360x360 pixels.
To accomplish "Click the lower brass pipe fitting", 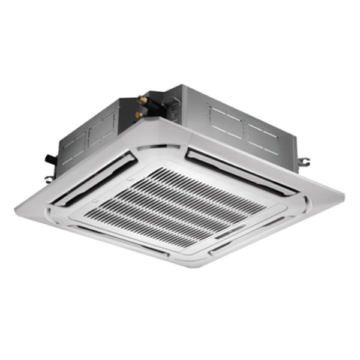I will coord(139,114).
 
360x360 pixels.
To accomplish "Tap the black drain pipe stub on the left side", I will coord(50,159).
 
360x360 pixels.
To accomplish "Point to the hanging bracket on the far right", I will coord(305,161).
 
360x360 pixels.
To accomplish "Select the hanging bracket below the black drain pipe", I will coord(49,178).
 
